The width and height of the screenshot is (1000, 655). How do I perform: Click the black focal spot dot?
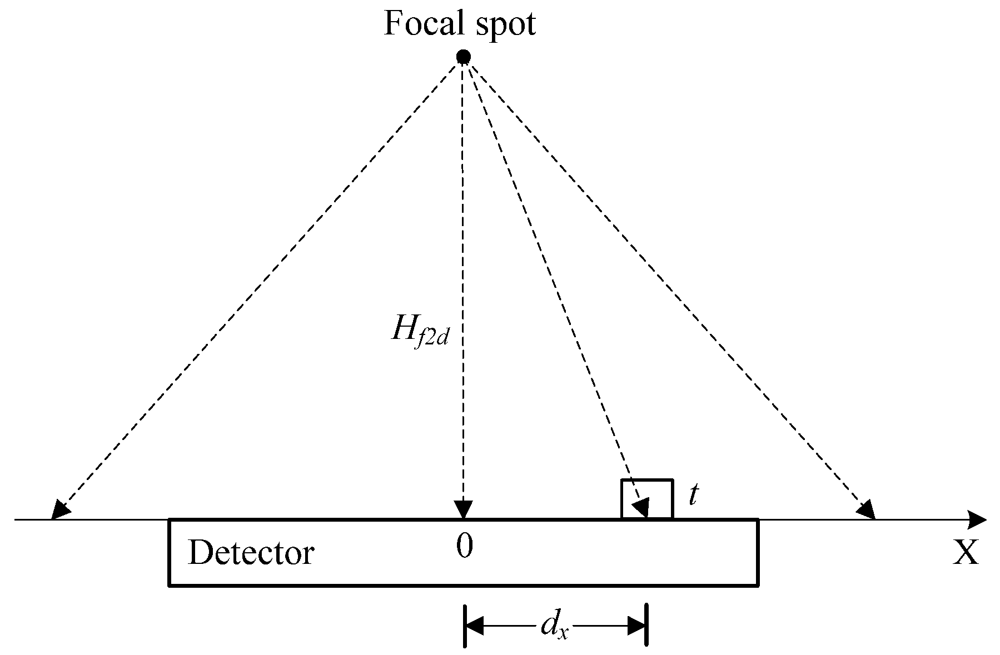click(463, 57)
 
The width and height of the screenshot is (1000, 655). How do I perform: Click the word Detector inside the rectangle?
click(251, 553)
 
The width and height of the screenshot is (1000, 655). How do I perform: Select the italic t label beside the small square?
click(693, 495)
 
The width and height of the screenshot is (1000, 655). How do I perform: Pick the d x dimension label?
click(554, 627)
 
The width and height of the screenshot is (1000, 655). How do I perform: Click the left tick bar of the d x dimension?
click(465, 627)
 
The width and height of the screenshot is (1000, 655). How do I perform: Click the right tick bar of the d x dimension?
click(646, 627)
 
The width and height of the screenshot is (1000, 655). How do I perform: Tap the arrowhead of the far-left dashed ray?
click(58, 510)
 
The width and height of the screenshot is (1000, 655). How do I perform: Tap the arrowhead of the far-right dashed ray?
click(867, 509)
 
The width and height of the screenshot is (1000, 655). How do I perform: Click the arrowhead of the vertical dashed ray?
click(463, 509)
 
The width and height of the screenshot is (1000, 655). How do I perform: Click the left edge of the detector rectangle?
click(169, 552)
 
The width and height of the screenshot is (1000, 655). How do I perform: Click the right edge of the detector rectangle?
click(758, 552)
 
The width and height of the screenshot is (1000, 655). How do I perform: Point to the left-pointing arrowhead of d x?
click(474, 627)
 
